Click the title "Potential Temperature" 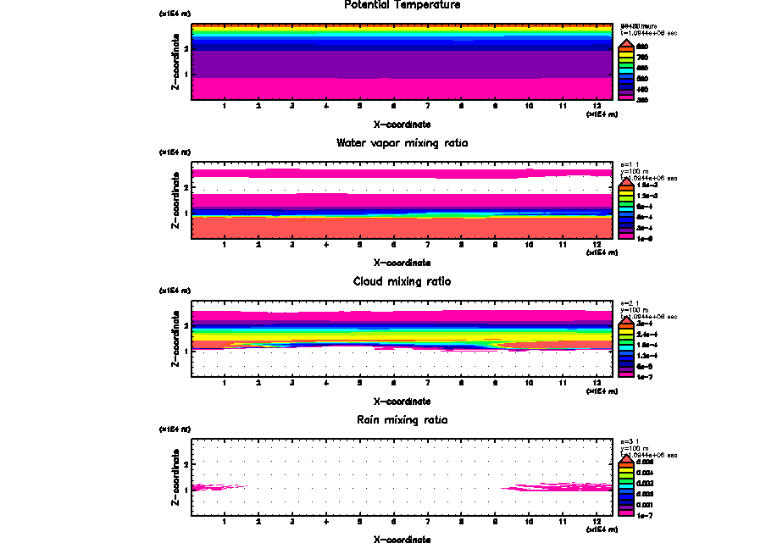pyautogui.click(x=402, y=5)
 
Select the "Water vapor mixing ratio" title pyautogui.click(x=402, y=143)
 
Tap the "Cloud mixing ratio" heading pyautogui.click(x=402, y=281)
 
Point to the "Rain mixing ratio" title pyautogui.click(x=402, y=419)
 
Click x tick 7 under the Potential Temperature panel pyautogui.click(x=427, y=106)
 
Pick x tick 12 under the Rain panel pyautogui.click(x=597, y=522)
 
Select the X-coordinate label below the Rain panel pyautogui.click(x=402, y=540)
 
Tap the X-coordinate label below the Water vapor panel pyautogui.click(x=402, y=263)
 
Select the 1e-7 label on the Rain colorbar pyautogui.click(x=645, y=514)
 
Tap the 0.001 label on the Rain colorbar pyautogui.click(x=645, y=504)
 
